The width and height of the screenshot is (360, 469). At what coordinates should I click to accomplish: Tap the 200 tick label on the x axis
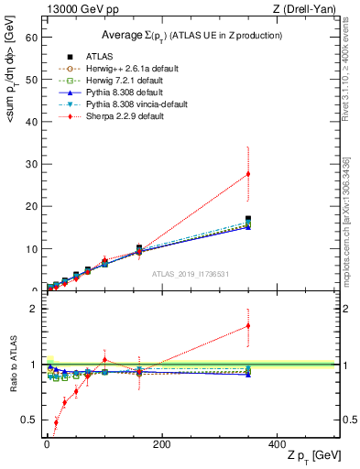point(161,443)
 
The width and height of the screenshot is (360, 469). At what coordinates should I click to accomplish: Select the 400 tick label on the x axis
point(277,443)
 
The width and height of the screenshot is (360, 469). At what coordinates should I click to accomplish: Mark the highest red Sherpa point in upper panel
point(248,174)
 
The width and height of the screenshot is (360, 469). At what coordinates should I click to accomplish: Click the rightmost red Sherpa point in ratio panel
point(248,325)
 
